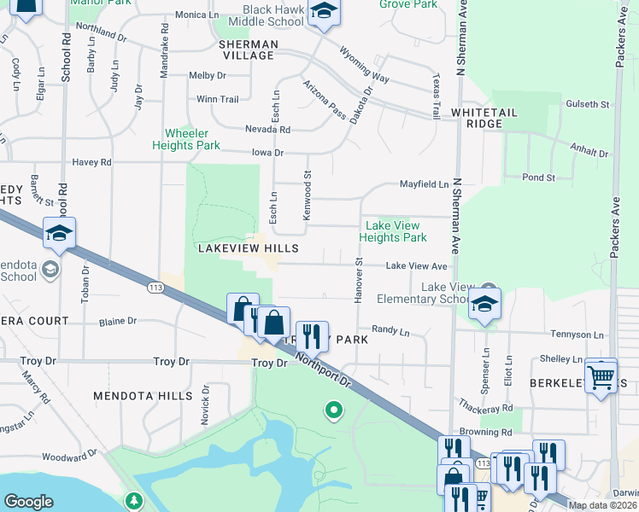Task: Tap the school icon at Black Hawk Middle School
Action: pos(324,13)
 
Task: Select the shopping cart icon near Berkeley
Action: pos(601,375)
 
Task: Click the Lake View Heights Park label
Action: pos(392,232)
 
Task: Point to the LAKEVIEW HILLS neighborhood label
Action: pos(248,247)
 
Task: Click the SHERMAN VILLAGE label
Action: pos(248,49)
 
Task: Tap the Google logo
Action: pos(28,502)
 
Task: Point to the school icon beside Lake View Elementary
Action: pos(484,304)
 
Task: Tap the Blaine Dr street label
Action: pos(118,322)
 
